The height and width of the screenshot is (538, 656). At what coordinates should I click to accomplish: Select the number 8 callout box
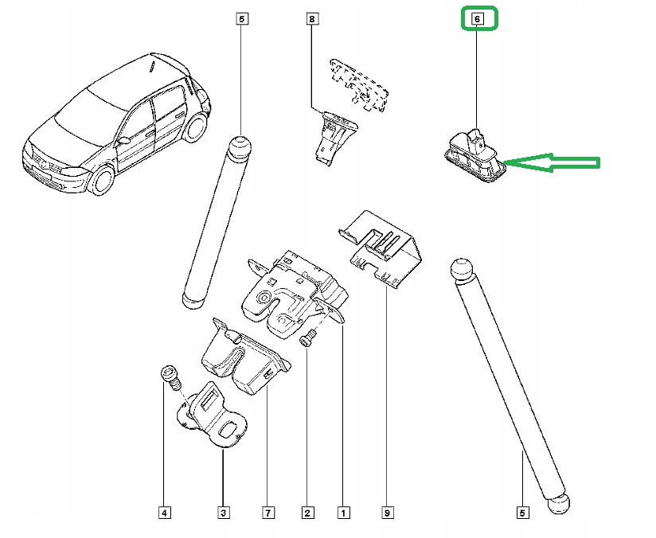[312, 18]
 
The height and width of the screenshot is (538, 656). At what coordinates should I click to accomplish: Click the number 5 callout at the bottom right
[521, 513]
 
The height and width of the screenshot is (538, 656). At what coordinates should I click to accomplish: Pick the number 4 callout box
[163, 513]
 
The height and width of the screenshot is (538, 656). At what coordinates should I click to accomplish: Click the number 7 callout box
[267, 513]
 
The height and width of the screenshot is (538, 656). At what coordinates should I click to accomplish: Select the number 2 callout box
[307, 513]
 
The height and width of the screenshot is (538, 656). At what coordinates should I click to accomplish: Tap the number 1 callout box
[343, 513]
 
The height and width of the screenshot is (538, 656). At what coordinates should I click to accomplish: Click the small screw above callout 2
[307, 339]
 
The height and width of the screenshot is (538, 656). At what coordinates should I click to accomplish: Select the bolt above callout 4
[169, 375]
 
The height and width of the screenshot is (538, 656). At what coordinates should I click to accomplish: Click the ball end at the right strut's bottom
[560, 504]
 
